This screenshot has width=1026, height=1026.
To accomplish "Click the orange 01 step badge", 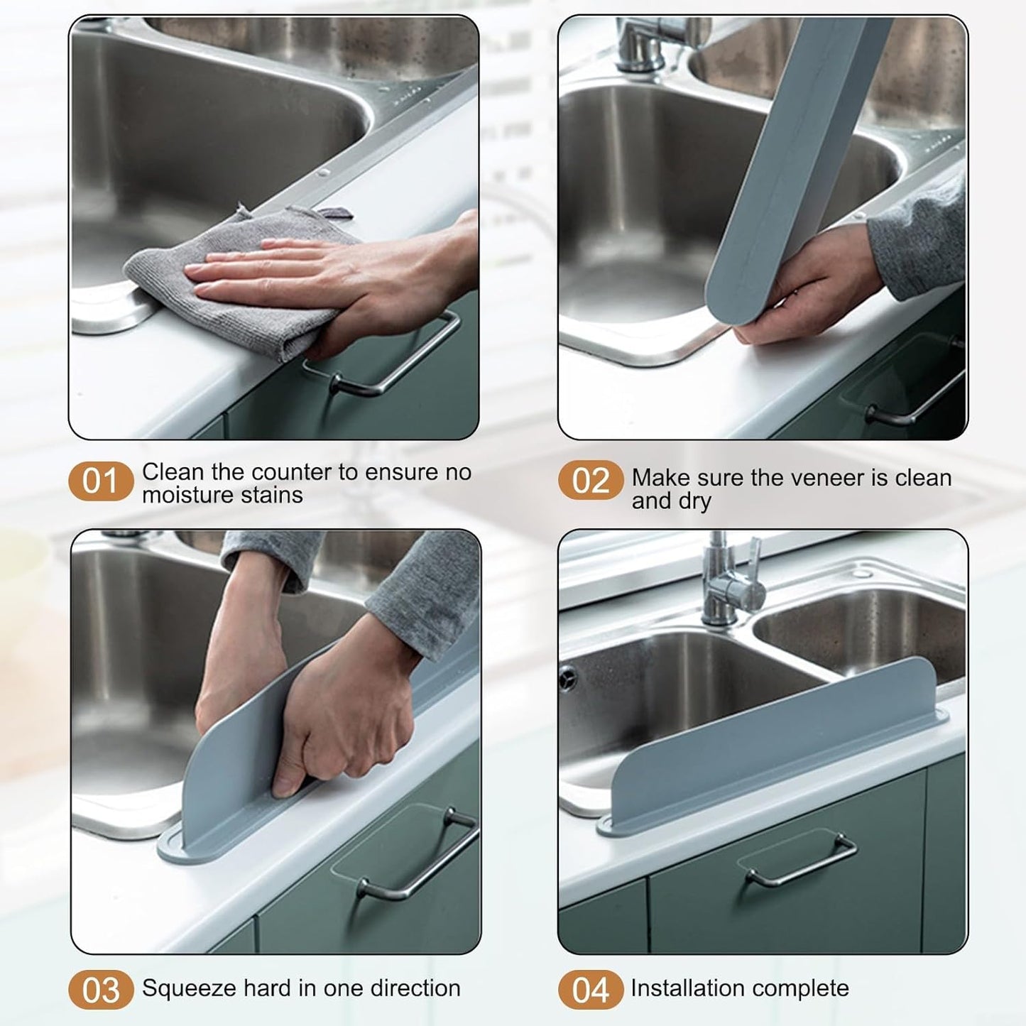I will pyautogui.click(x=100, y=481).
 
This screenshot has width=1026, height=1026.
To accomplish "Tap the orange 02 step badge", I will pyautogui.click(x=590, y=481).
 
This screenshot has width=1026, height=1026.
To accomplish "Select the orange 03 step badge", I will pyautogui.click(x=100, y=990).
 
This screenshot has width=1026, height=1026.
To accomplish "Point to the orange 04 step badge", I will pyautogui.click(x=590, y=990).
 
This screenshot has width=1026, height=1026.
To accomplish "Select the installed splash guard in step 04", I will pyautogui.click(x=774, y=746).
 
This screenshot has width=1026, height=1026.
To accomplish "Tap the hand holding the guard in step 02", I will pyautogui.click(x=809, y=291).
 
